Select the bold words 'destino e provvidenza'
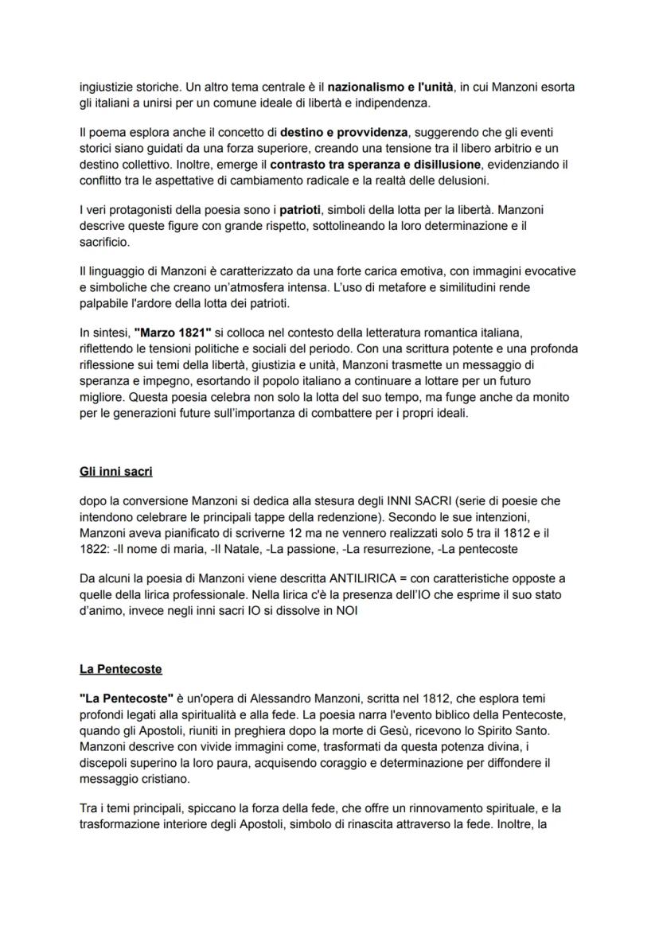click(341, 131)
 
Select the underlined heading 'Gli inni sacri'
click(116, 472)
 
